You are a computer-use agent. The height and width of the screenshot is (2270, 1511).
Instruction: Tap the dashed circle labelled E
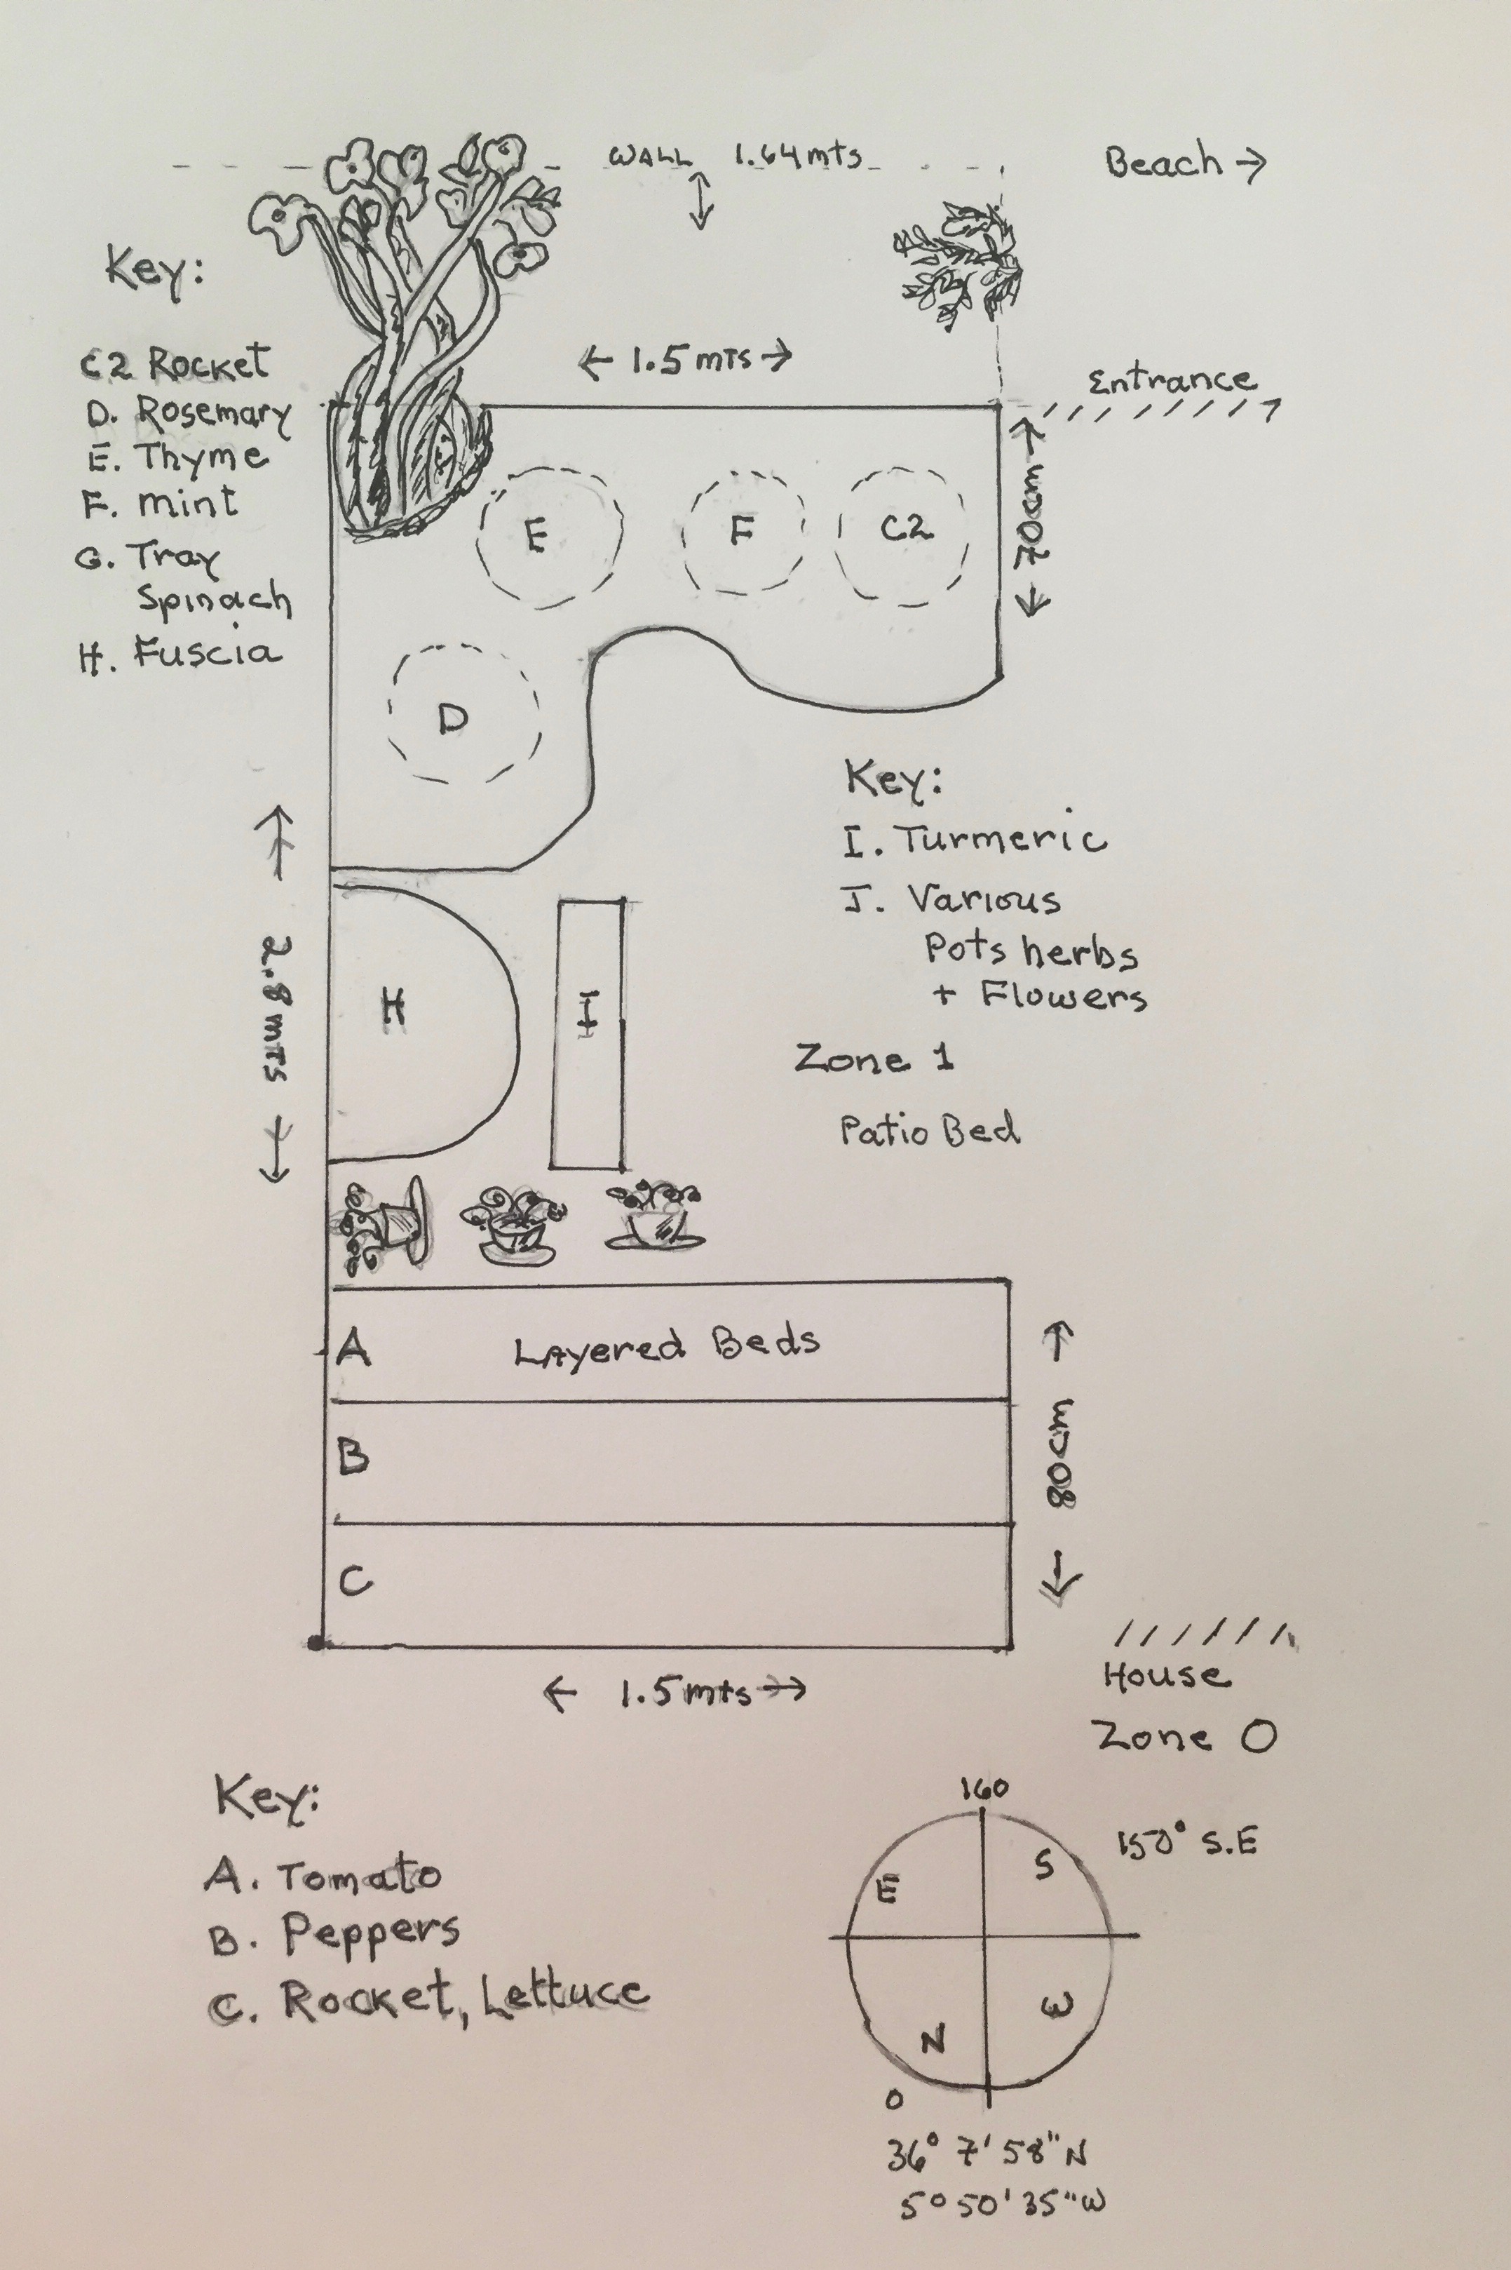tap(548, 536)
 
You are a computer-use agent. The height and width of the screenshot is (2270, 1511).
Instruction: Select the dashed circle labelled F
tap(743, 533)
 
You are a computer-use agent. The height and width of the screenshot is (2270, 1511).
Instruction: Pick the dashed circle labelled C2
tap(903, 533)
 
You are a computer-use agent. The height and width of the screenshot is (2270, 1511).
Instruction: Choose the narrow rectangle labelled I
tap(588, 1033)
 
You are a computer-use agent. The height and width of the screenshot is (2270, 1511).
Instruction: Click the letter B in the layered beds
tap(353, 1458)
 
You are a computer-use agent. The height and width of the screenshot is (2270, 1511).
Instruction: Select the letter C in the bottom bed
tap(355, 1581)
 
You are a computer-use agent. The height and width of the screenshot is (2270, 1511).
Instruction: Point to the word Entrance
tap(1172, 380)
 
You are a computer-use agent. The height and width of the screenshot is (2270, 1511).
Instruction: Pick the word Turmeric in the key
tap(1002, 838)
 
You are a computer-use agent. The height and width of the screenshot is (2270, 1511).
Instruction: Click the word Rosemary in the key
tap(212, 412)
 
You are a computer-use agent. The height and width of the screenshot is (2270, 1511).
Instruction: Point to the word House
tap(1166, 1677)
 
